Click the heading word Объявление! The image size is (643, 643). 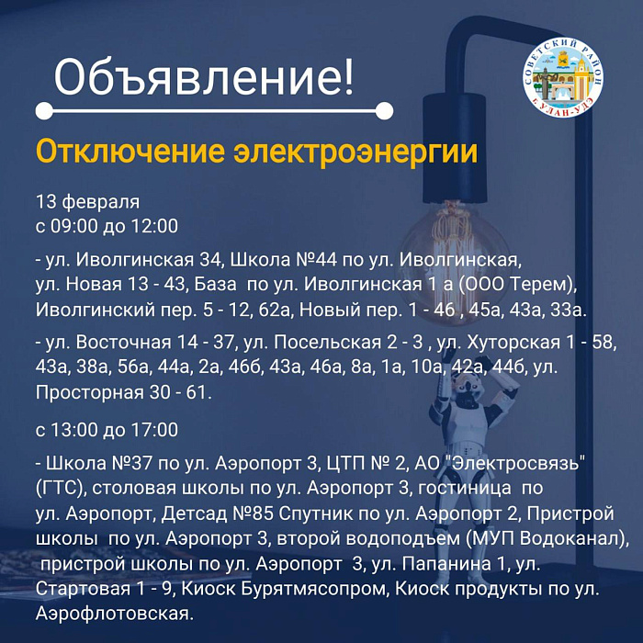point(203,77)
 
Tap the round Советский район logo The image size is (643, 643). point(563,77)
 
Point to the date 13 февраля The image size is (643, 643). point(88,202)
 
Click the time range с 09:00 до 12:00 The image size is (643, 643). point(107,226)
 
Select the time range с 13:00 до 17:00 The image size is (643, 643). point(107,430)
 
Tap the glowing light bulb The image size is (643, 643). point(452,257)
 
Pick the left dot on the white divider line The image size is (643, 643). point(44,111)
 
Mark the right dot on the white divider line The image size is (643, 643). point(384,111)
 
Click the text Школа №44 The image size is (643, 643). point(283,260)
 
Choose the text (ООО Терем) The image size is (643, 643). point(516,285)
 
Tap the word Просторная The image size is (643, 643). point(88,393)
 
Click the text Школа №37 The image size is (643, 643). point(99,464)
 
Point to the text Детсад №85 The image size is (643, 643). point(218,513)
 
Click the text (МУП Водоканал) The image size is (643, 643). point(547,539)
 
